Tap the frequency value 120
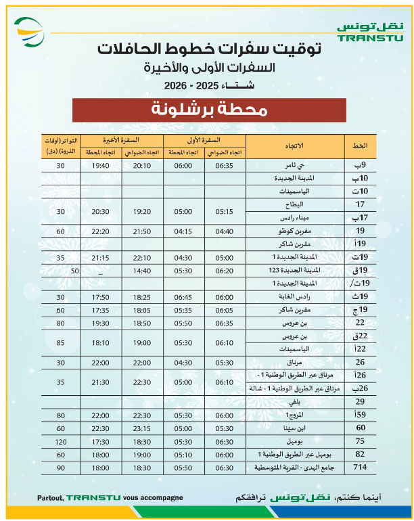(61, 441)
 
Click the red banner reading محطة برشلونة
(209, 110)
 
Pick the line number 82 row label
(361, 454)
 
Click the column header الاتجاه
(296, 146)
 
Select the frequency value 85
(61, 342)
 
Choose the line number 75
(361, 441)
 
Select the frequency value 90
(61, 468)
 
